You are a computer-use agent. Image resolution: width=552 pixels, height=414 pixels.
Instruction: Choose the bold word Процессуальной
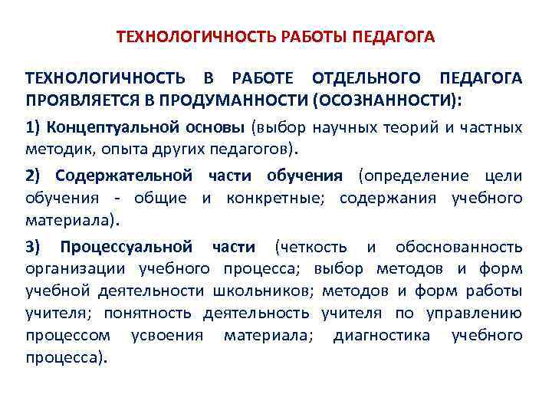[126, 247]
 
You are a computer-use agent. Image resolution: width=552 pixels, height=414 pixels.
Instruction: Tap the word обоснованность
[459, 247]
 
